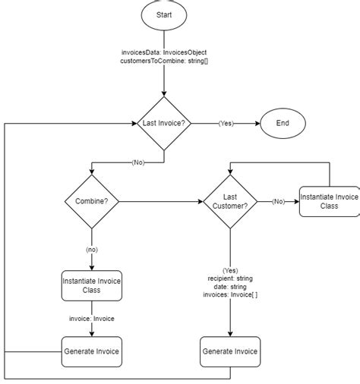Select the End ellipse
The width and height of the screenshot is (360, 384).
coord(283,123)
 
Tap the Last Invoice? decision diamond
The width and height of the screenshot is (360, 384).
coord(164,123)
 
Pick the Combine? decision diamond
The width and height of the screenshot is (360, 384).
coord(91,201)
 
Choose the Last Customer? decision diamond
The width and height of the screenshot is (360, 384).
coord(230,201)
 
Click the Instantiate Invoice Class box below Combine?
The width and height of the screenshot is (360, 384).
coord(91,288)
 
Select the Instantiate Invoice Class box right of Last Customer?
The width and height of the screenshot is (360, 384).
coord(329,201)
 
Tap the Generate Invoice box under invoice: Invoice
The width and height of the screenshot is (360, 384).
coord(91,351)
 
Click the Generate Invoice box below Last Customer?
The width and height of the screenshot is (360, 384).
coord(230,351)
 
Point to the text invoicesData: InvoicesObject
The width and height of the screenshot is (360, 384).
coord(164,52)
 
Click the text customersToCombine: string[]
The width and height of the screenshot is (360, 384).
coord(164,62)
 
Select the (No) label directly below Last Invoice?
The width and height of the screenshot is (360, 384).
coord(137,162)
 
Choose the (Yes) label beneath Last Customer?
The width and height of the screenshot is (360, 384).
coord(230,270)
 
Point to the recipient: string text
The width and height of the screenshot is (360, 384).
coord(230,279)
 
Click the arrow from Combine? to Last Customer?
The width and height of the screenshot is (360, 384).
coord(159,201)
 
